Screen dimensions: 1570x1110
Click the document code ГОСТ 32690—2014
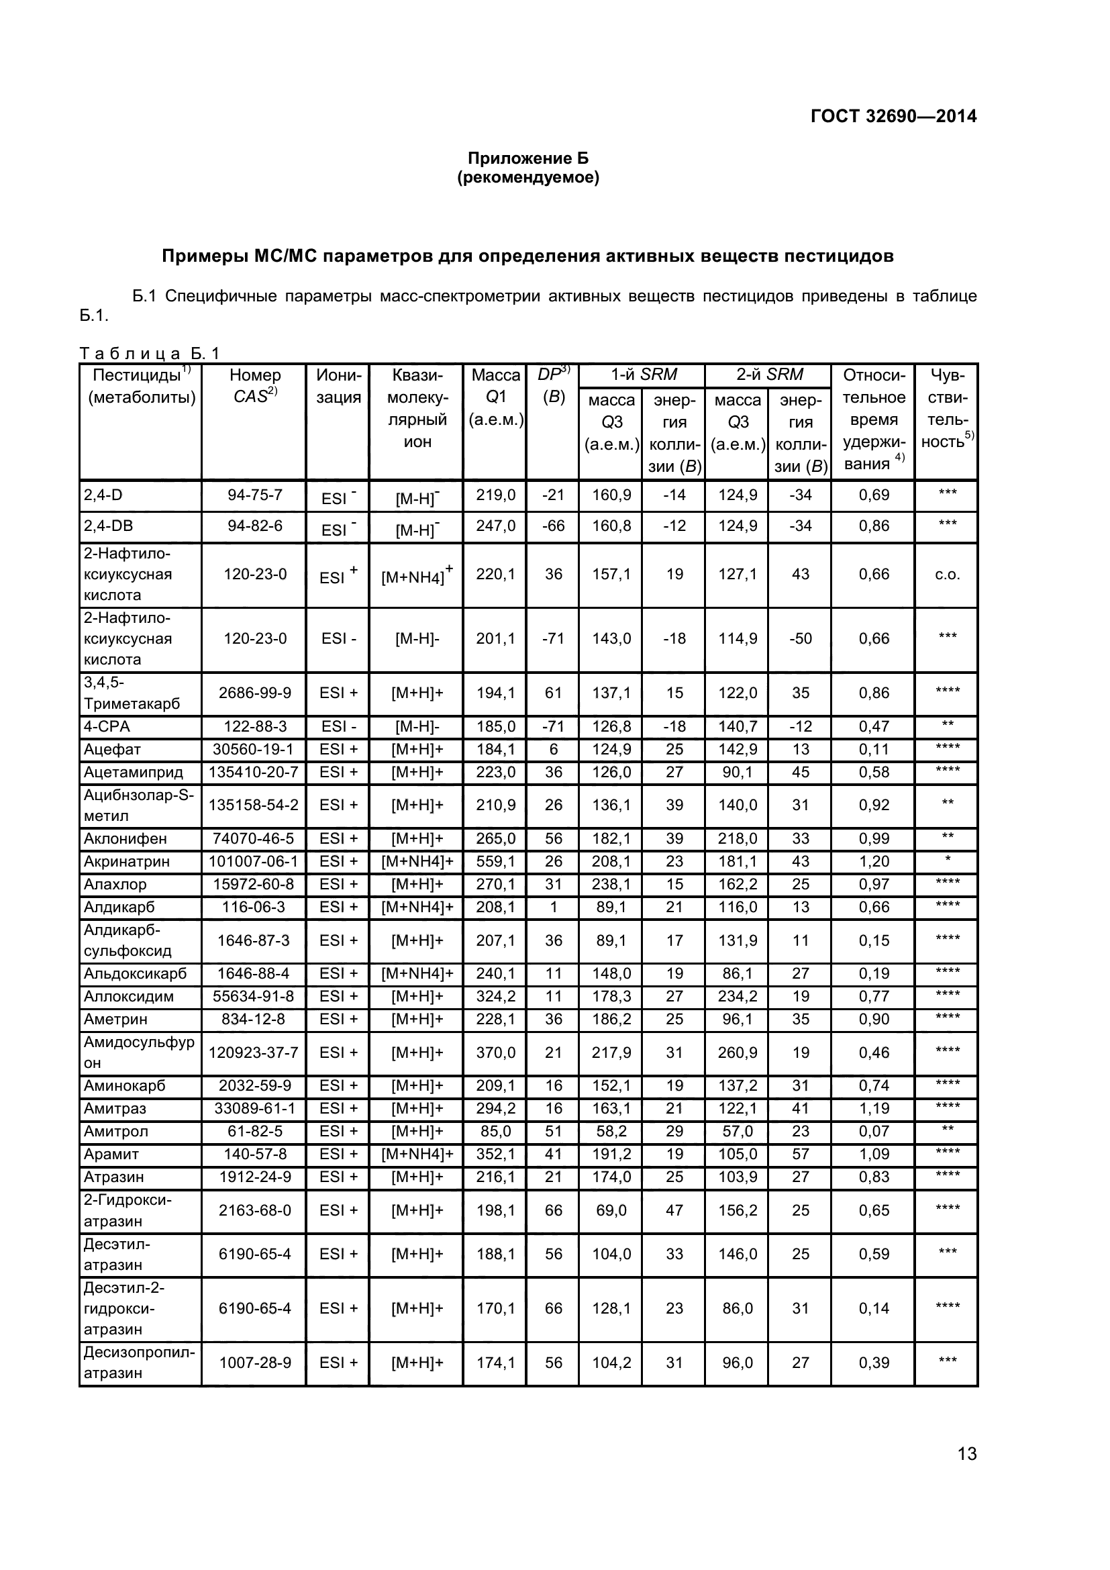coord(893,116)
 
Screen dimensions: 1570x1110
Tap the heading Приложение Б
coord(527,158)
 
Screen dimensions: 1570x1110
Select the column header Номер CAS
coord(254,386)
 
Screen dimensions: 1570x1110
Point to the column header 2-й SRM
coord(769,375)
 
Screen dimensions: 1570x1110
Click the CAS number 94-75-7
coord(254,495)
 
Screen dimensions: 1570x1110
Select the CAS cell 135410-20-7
coord(254,772)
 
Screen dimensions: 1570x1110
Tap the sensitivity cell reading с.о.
coord(948,575)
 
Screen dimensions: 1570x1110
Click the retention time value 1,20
coord(874,862)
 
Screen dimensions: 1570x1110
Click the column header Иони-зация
coord(338,386)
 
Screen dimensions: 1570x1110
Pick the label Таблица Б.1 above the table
coord(149,354)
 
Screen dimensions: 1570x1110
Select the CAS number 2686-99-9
coord(254,693)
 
